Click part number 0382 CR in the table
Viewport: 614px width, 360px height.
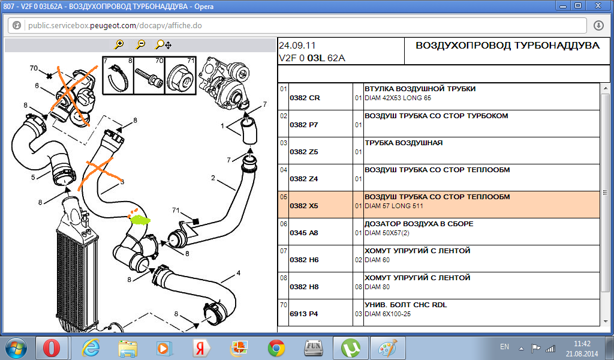(x=305, y=98)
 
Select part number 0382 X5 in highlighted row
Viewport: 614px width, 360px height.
(x=304, y=206)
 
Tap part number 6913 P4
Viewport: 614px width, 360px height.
(x=304, y=314)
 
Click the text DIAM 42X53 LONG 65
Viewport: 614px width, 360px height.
(x=398, y=98)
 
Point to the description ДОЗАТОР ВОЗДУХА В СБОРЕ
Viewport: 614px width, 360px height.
(x=419, y=224)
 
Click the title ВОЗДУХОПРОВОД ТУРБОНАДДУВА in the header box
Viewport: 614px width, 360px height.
(x=507, y=46)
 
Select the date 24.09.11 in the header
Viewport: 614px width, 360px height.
(x=297, y=46)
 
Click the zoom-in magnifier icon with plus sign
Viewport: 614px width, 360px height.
(x=119, y=44)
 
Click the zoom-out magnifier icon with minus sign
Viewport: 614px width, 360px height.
(x=140, y=44)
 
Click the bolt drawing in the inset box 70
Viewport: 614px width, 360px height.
(x=149, y=77)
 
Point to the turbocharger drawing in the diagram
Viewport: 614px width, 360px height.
(x=223, y=81)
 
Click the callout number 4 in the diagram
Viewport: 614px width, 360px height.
(x=238, y=273)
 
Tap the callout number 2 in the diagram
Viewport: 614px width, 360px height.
(x=213, y=178)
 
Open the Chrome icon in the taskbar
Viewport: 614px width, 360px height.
(x=276, y=348)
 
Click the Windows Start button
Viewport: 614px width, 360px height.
(x=16, y=348)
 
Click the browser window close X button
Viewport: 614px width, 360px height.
(x=598, y=5)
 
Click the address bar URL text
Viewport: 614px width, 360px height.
(x=115, y=25)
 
